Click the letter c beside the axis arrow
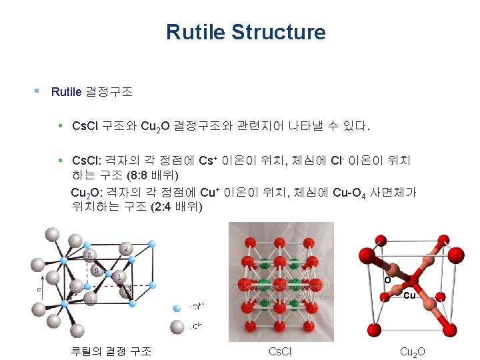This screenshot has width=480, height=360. coord(39,290)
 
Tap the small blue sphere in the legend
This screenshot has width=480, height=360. coord(177,308)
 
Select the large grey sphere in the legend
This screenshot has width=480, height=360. coord(177,326)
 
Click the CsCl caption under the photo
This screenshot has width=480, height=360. coord(278,351)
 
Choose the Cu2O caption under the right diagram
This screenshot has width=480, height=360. coord(412,351)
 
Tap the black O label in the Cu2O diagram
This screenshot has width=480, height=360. coord(387,281)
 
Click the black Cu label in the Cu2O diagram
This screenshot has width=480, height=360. coord(410,295)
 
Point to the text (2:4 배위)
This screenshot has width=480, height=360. coord(176,206)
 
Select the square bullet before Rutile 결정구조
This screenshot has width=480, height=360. coord(37,90)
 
